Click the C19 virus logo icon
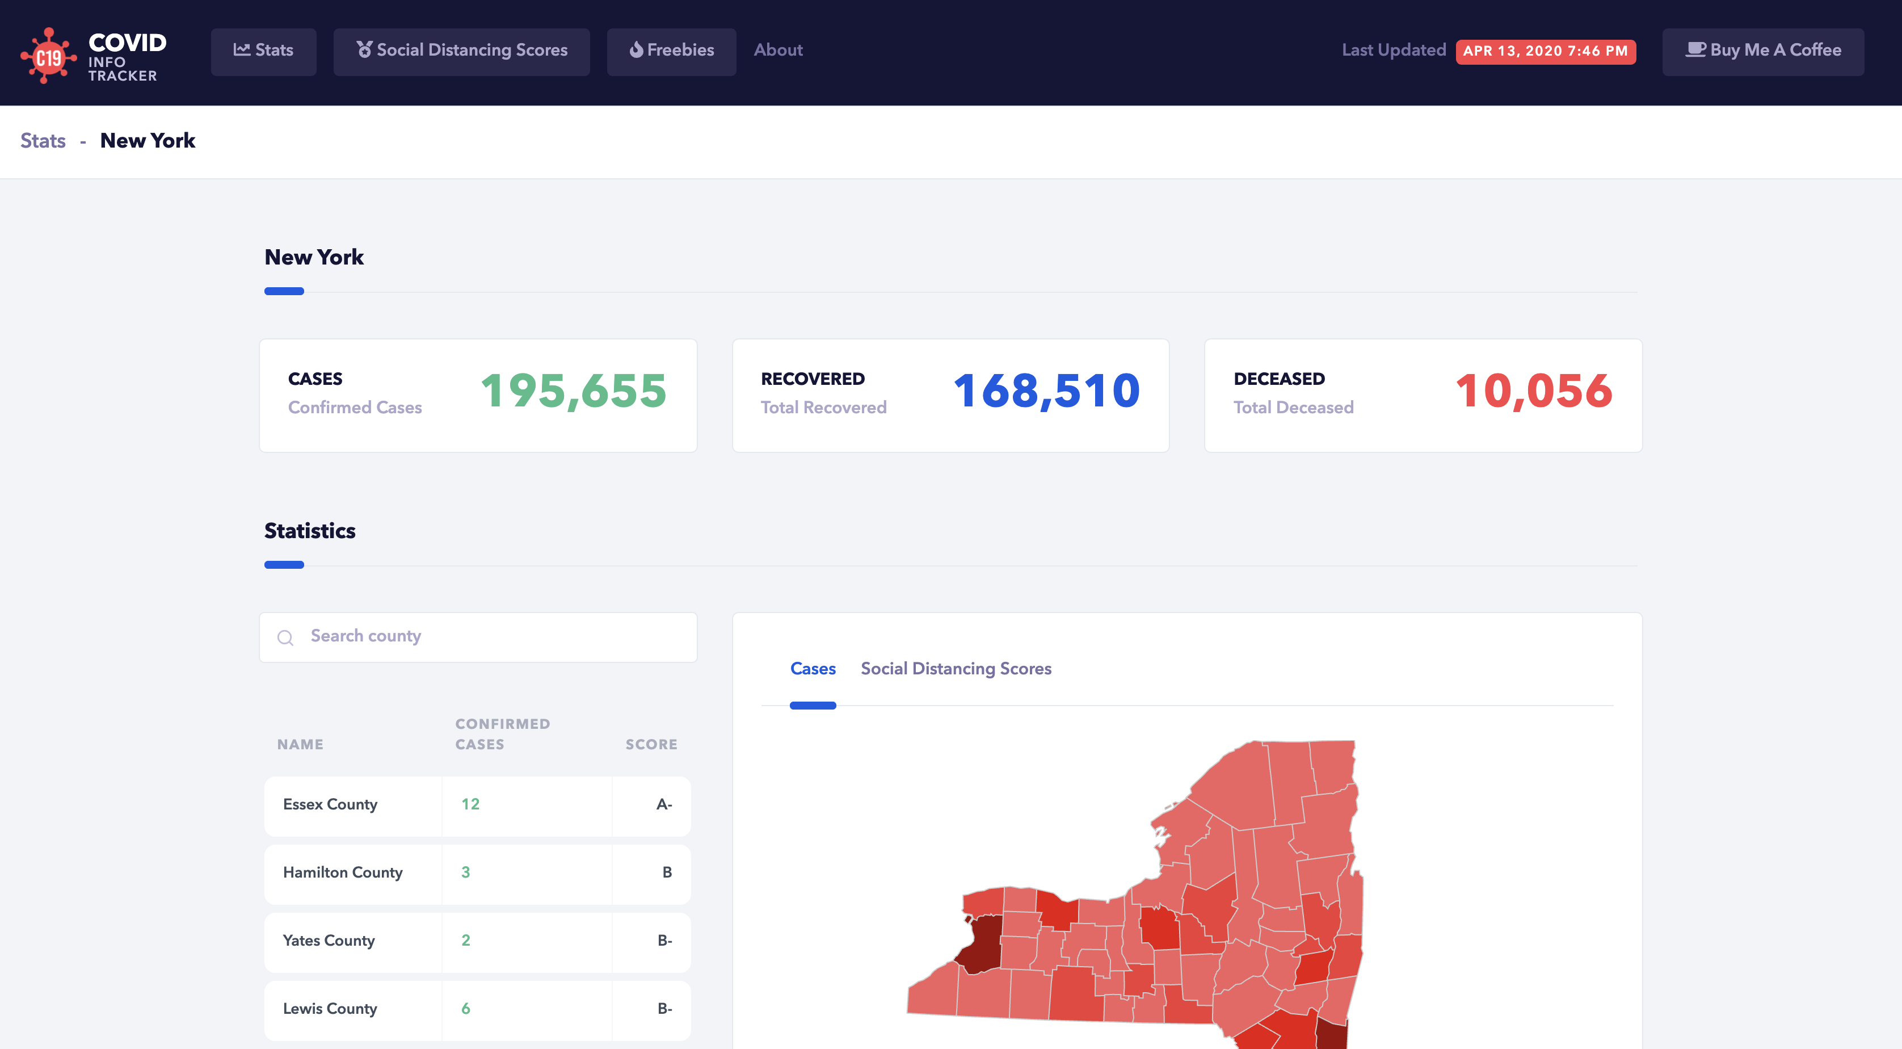pyautogui.click(x=48, y=56)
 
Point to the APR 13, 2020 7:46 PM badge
pyautogui.click(x=1546, y=51)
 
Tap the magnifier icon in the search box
pyautogui.click(x=285, y=637)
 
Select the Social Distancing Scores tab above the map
pyautogui.click(x=956, y=669)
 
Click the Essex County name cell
pyautogui.click(x=330, y=804)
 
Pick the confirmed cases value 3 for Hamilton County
pyautogui.click(x=465, y=872)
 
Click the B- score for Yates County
pyautogui.click(x=664, y=941)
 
